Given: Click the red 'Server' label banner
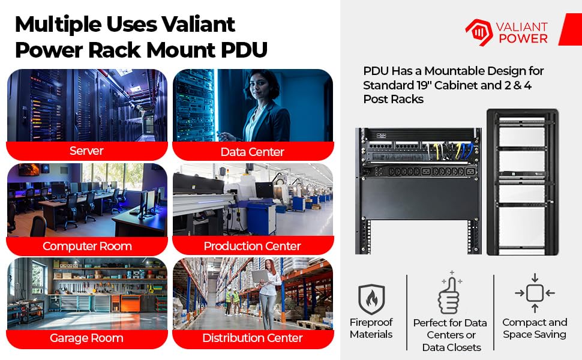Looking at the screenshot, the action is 87,151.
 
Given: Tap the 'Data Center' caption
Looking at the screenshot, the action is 253,151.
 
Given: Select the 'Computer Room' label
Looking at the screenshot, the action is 87,245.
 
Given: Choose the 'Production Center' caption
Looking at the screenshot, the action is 253,245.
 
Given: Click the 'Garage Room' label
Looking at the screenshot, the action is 86,338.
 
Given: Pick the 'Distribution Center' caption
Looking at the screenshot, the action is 253,338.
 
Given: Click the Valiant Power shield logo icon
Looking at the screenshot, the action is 479,32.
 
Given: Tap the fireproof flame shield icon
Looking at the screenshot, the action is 371,299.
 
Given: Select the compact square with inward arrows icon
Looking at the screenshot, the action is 535,293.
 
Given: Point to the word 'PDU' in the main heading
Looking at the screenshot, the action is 244,50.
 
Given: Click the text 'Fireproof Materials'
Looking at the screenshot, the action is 371,328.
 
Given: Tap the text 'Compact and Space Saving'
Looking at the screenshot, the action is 535,328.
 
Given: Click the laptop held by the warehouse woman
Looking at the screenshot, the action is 260,277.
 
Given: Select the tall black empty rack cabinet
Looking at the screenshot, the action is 523,182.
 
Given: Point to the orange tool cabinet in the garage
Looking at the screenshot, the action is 130,303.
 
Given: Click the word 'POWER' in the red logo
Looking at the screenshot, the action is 523,38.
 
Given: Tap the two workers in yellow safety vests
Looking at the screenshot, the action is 232,301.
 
